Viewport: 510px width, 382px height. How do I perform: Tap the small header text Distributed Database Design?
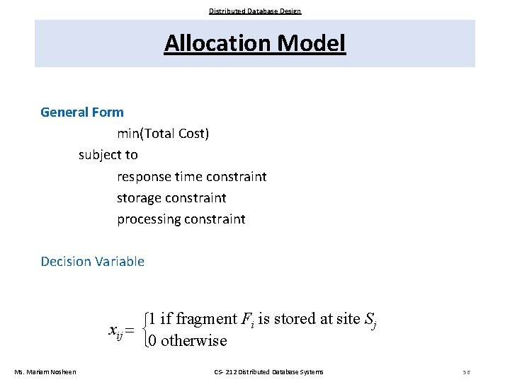255,11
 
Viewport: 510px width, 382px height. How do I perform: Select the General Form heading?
82,112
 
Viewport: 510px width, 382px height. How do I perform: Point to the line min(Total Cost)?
163,133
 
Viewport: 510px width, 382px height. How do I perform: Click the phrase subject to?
108,154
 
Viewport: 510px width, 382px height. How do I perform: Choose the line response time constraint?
192,176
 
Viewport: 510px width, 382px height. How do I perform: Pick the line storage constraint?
171,197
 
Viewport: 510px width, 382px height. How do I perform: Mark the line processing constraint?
181,219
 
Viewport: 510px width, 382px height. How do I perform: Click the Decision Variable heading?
93,262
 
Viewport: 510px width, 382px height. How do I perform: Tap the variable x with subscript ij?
115,330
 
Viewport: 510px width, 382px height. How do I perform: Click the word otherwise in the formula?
193,341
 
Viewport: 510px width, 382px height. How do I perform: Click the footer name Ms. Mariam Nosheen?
46,372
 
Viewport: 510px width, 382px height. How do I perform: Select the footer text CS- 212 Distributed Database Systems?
268,372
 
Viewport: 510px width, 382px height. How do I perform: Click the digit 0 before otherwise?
154,341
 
